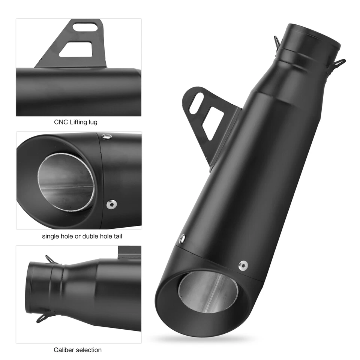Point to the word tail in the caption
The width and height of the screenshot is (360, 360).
click(x=116, y=236)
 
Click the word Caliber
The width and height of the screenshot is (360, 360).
click(x=63, y=350)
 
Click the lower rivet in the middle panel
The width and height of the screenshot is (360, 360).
click(x=111, y=204)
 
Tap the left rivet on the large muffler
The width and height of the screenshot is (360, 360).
click(x=182, y=238)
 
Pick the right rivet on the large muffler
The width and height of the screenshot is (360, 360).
click(x=243, y=265)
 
